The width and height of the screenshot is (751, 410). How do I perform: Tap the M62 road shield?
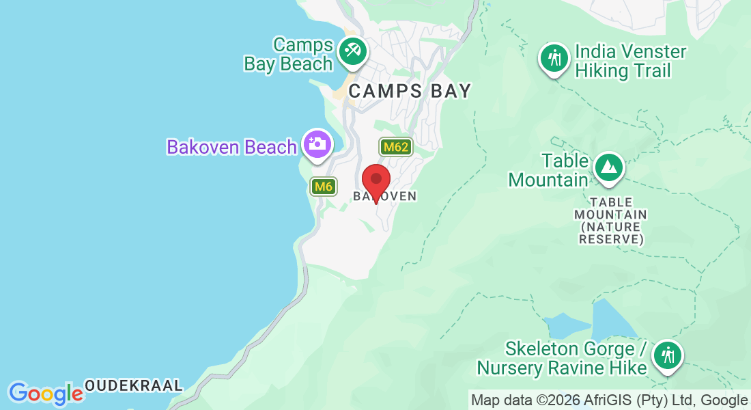tap(395, 147)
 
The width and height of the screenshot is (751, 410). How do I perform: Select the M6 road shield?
tap(324, 186)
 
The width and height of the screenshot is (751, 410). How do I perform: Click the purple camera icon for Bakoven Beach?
tap(317, 143)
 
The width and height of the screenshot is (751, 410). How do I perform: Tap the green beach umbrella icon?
tap(353, 51)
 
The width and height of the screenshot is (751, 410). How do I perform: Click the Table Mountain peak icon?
tap(607, 167)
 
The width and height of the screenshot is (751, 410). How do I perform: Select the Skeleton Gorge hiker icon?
tap(666, 355)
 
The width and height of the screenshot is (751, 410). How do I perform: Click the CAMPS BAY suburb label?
tap(410, 91)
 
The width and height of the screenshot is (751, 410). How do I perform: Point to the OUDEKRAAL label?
tap(133, 385)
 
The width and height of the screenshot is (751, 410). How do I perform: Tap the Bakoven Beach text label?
tap(232, 147)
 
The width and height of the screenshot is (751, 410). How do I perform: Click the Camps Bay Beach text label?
tap(288, 55)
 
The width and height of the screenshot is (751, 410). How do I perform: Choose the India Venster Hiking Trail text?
tap(631, 61)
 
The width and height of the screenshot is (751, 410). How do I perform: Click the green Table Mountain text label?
tap(549, 170)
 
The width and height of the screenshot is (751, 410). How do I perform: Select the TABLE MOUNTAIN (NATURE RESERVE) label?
tap(610, 221)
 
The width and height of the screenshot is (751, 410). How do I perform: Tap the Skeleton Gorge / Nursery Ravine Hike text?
tap(561, 359)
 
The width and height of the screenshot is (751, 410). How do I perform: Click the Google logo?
tap(46, 394)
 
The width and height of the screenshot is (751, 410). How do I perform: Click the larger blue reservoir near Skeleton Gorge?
tap(614, 319)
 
